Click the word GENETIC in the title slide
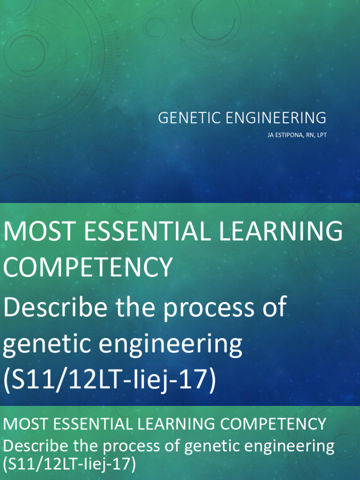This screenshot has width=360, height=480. coord(189,118)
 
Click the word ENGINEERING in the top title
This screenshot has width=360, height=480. coord(276,118)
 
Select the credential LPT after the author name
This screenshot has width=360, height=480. coord(322,135)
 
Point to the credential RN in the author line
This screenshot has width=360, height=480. coord(310,135)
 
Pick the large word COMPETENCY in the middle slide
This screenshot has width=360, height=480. coord(88,267)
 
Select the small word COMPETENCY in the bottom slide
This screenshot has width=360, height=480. coord(273,424)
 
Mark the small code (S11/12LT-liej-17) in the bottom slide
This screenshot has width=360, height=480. coord(69,464)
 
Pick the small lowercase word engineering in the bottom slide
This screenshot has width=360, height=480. coord(289,447)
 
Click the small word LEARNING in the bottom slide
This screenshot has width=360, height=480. coord(176,424)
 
